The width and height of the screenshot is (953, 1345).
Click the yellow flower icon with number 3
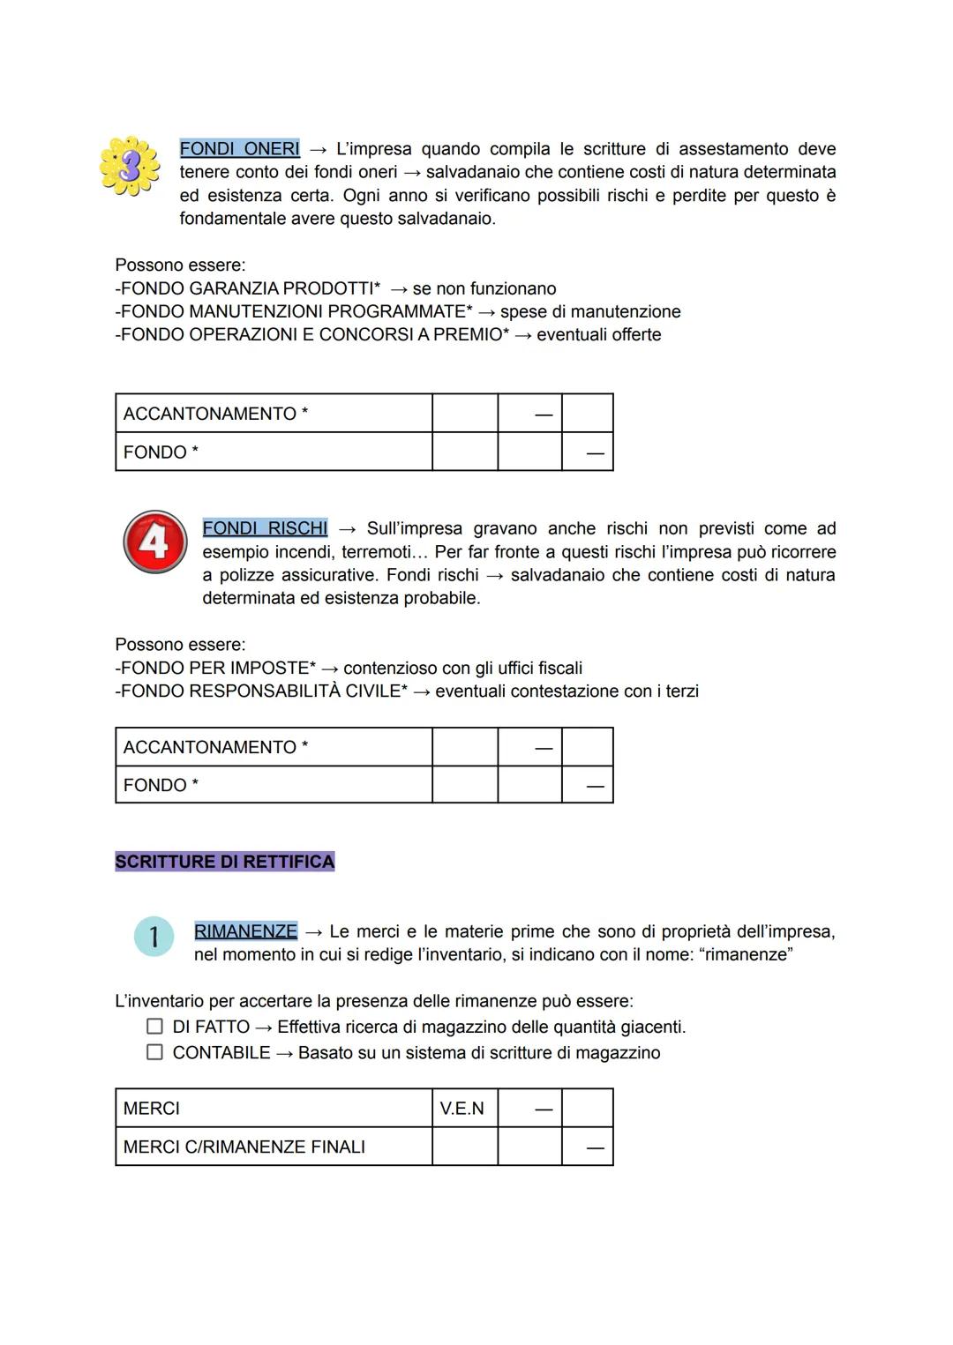pos(130,166)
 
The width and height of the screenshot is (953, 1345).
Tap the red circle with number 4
pos(154,542)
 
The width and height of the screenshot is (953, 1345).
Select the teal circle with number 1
pos(154,937)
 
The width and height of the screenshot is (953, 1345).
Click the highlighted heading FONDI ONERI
pos(239,149)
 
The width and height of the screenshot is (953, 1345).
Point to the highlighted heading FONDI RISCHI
pos(265,528)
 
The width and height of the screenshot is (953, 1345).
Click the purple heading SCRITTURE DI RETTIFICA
pos(224,862)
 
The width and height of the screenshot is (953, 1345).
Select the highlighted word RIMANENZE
pos(245,931)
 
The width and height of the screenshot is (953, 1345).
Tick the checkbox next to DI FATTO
pos(154,1027)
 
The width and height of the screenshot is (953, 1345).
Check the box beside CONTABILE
pos(154,1052)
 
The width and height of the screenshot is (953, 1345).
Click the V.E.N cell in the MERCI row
pos(463,1109)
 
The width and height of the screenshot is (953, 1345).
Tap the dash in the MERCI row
pos(544,1110)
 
